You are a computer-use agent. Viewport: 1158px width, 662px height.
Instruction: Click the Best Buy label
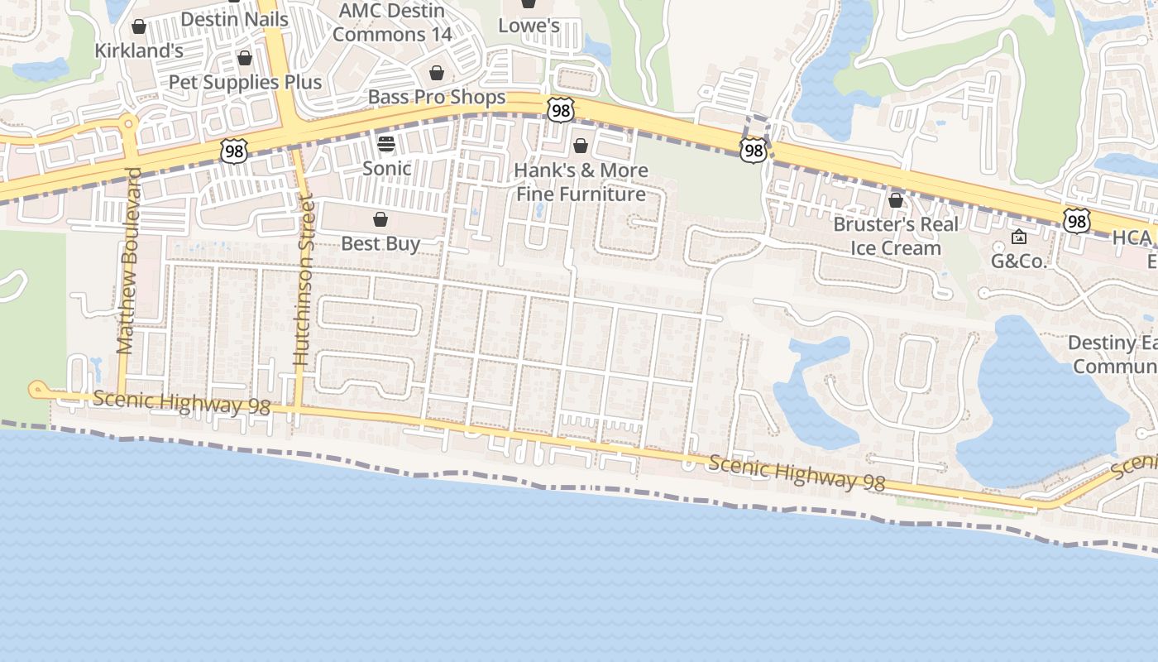coord(380,244)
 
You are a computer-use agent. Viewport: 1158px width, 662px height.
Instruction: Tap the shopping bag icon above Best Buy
coord(380,219)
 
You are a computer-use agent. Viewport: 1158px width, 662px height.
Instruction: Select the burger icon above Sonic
coord(386,144)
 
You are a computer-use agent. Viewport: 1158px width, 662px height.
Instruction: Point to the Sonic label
coord(387,169)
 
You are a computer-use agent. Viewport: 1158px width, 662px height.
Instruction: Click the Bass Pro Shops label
coord(437,98)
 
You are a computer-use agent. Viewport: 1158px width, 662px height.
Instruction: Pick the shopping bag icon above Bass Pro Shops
coord(437,73)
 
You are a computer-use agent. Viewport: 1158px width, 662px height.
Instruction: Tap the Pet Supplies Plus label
coord(245,82)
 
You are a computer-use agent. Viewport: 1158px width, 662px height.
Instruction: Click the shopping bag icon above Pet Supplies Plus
coord(244,58)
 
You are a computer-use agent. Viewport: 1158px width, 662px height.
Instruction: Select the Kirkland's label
coord(139,50)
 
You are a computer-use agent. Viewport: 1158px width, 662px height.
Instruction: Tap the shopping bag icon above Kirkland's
coord(139,26)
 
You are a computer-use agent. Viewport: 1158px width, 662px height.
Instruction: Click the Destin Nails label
coord(234,19)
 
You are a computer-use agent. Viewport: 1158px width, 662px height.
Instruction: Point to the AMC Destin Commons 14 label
coord(393,22)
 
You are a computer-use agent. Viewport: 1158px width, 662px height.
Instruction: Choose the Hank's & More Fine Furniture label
coord(581,182)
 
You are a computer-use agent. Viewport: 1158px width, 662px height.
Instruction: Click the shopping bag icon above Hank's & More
coord(581,146)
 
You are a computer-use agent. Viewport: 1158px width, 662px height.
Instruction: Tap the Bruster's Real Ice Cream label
coord(896,236)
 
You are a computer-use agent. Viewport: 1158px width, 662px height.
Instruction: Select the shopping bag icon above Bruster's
coord(896,200)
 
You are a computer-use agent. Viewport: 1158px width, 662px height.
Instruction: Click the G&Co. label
coord(1019,262)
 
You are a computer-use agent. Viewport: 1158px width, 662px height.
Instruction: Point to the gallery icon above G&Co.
coord(1019,237)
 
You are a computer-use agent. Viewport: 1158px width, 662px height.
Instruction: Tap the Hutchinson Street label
coord(304,281)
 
